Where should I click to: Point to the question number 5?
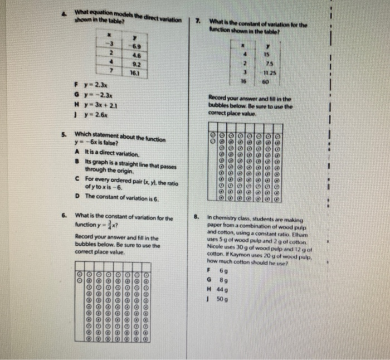click(64, 134)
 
